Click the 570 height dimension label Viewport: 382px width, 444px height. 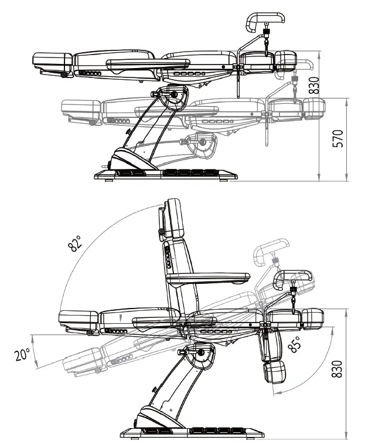tap(337, 138)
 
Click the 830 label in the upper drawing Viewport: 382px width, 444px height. tap(313, 85)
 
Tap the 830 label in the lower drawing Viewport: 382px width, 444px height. tap(336, 369)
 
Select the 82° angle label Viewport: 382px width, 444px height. tap(75, 243)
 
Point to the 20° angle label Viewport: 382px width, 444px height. tap(22, 354)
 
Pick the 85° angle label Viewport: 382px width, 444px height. tap(295, 344)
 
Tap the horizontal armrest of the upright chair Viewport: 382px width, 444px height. tap(208, 278)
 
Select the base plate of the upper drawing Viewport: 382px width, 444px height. tap(166, 175)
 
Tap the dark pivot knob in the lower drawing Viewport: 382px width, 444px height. tap(201, 353)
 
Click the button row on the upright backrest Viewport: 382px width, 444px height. tap(168, 257)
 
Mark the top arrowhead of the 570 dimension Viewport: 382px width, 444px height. tap(347, 101)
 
